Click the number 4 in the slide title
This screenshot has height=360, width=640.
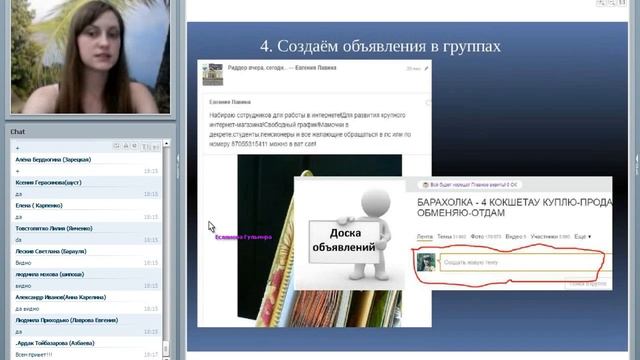[x=265, y=46]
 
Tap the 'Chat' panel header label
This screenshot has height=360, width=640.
[x=18, y=131]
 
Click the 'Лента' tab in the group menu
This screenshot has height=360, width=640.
[x=425, y=236]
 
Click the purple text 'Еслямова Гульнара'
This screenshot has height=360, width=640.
[x=245, y=237]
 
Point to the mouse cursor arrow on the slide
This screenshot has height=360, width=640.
[x=212, y=227]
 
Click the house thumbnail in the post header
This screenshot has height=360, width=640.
[x=213, y=75]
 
